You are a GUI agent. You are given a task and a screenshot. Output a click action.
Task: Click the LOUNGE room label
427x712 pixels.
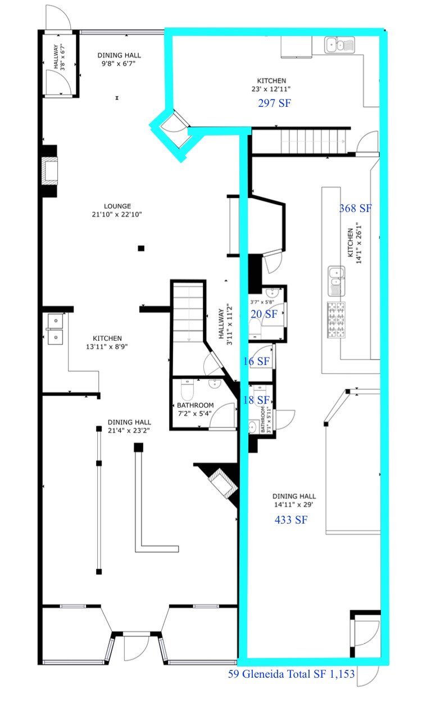[117, 206]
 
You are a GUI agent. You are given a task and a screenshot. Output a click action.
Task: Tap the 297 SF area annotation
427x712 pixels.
[274, 103]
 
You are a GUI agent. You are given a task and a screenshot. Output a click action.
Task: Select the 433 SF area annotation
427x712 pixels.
[291, 520]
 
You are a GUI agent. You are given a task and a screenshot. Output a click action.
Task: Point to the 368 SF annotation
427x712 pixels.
[355, 208]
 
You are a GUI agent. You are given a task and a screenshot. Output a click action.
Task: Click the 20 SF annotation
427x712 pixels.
[264, 314]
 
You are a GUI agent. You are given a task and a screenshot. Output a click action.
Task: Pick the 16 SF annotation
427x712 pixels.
[256, 361]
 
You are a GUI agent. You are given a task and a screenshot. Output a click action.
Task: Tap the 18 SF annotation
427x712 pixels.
[256, 400]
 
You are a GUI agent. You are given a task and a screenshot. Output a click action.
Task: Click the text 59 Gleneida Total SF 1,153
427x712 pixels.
[291, 674]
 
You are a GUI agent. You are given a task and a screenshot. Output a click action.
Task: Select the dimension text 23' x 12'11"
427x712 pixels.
[271, 89]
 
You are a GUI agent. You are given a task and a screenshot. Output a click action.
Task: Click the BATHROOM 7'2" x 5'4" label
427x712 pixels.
[195, 409]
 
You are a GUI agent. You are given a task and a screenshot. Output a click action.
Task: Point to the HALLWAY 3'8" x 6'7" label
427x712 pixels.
[59, 57]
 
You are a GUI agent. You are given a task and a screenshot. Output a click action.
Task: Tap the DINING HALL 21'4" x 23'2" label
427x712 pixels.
[129, 426]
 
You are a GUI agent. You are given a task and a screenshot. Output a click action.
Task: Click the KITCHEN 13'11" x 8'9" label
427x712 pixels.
[107, 343]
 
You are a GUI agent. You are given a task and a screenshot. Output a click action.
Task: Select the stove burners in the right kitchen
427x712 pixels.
[336, 320]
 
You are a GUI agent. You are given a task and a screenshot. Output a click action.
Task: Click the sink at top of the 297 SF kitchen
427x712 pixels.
[339, 45]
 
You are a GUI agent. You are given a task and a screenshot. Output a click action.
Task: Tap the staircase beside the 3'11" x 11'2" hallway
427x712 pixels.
[188, 314]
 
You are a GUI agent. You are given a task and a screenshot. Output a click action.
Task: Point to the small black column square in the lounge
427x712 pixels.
[141, 248]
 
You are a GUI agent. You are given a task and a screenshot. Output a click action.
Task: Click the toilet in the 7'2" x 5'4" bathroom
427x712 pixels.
[187, 390]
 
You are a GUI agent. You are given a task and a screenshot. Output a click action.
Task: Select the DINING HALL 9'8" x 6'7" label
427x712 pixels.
[119, 60]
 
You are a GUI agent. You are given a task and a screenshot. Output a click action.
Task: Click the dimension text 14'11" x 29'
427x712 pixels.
[293, 504]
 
